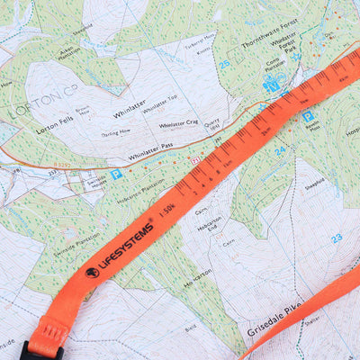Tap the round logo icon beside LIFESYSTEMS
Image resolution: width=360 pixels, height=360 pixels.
click(x=92, y=272)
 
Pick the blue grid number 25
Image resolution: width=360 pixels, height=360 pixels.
click(x=224, y=64)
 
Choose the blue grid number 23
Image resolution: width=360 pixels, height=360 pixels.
click(x=337, y=238)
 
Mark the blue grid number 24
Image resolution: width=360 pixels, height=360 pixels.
click(x=280, y=151)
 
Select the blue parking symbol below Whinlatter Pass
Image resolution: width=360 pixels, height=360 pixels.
click(x=116, y=175)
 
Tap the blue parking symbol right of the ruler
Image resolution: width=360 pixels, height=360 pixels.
click(x=309, y=115)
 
